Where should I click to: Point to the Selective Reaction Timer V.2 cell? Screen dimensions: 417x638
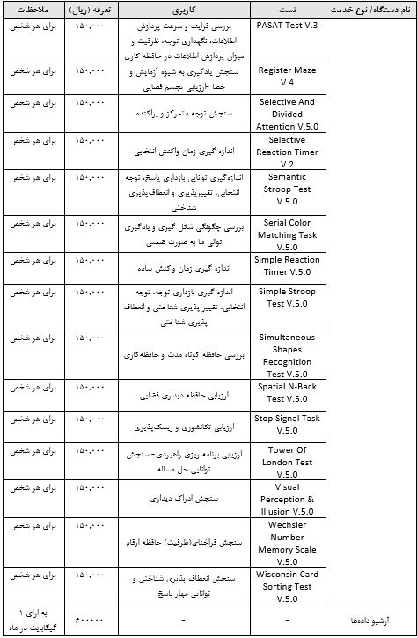(287, 151)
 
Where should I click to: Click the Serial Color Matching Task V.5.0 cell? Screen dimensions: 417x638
(287, 234)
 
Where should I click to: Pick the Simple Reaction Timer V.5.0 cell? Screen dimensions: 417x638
(287, 266)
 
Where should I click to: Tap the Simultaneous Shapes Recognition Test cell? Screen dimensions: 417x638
(287, 354)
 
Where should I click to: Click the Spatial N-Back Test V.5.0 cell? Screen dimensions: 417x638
(287, 392)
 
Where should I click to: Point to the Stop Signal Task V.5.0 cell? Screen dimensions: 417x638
(287, 425)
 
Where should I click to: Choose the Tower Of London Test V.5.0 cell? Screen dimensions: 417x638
(287, 462)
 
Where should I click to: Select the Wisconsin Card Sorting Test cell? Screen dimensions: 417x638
(287, 586)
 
